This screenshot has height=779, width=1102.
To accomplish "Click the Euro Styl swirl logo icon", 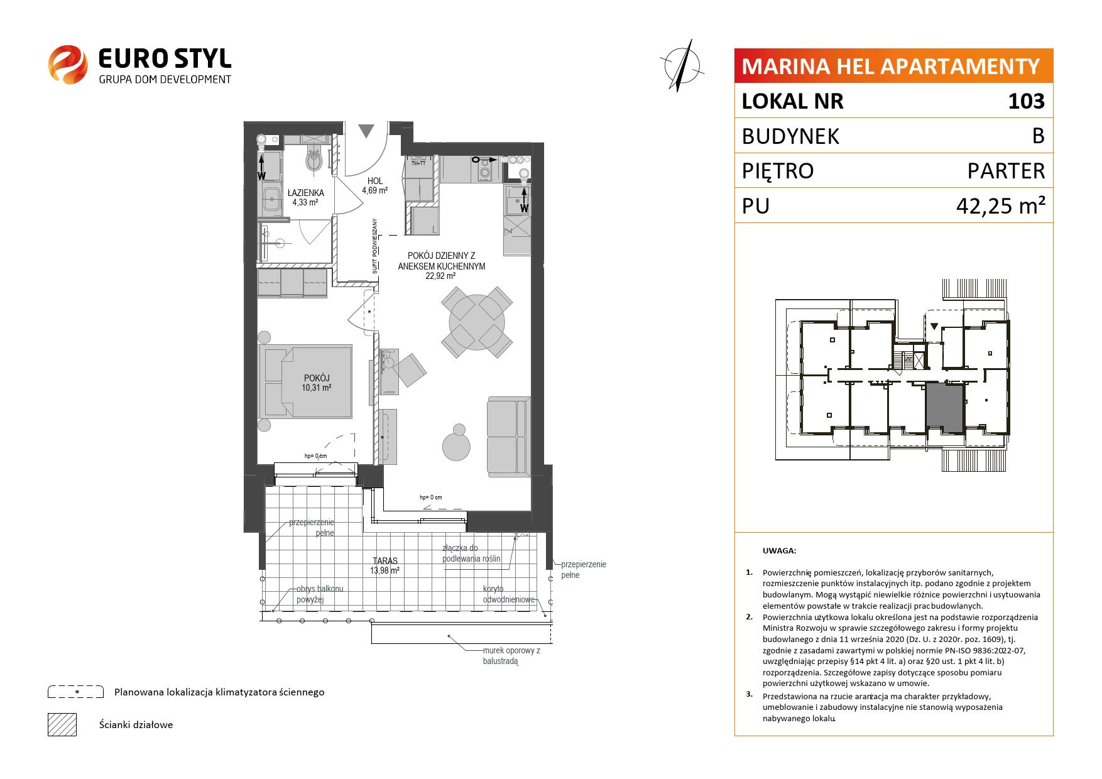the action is point(68,63).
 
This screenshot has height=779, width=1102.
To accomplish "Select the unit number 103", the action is point(1026,101).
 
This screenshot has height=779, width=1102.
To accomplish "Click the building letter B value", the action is point(1038,136).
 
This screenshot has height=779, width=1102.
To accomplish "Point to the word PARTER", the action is point(1006,171).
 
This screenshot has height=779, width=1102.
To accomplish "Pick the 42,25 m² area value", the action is point(999,205).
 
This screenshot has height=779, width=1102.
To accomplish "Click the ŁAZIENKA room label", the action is point(305,193).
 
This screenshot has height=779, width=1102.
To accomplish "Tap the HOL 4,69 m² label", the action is point(374,185).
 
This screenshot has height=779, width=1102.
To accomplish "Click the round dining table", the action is point(477,322).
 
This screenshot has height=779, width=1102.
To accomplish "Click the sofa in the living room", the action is point(507,436).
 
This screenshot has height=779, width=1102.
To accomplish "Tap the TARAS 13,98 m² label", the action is point(385,565).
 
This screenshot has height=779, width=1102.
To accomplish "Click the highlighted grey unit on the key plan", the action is point(944,408).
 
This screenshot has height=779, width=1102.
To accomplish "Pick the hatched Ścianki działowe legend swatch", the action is point(62,724).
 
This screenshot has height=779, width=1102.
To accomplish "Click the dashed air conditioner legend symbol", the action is point(75,692).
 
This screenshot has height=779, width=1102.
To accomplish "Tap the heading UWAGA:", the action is point(779,551).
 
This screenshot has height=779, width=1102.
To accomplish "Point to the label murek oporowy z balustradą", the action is point(511,656).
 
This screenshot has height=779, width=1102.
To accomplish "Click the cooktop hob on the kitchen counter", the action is point(484,170).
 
